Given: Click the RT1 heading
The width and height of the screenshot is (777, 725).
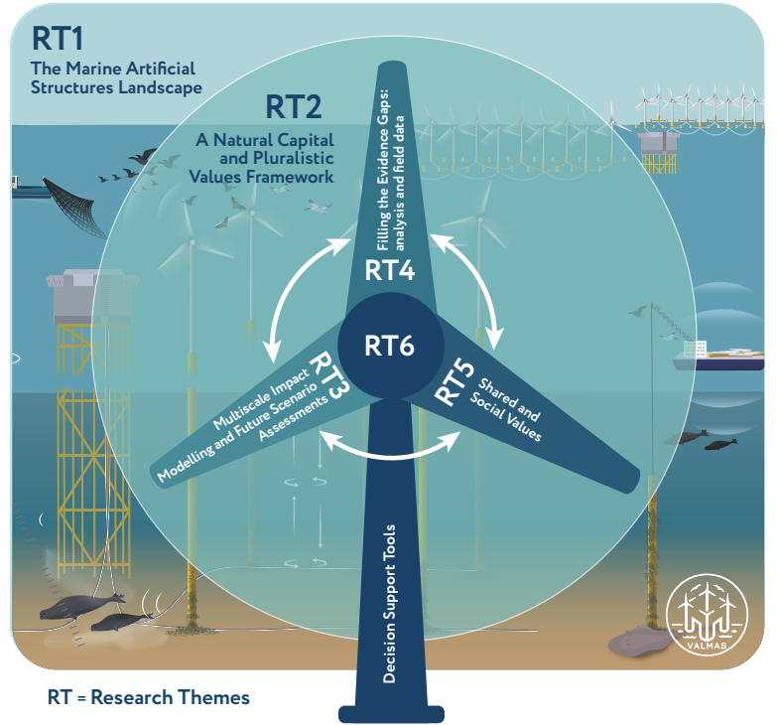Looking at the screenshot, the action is pyautogui.click(x=57, y=38).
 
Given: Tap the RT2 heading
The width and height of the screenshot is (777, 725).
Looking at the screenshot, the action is pyautogui.click(x=294, y=106).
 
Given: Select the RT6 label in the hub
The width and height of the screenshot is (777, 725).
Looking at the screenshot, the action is pyautogui.click(x=389, y=346).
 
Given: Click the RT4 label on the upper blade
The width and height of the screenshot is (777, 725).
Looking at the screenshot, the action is pyautogui.click(x=389, y=270).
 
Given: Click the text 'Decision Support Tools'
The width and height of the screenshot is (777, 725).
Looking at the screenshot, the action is pyautogui.click(x=389, y=604).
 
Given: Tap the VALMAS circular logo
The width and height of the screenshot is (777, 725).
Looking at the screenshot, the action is pyautogui.click(x=707, y=615).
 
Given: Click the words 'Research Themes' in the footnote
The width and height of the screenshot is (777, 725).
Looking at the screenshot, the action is pyautogui.click(x=170, y=697).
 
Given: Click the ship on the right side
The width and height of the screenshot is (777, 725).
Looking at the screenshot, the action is pyautogui.click(x=718, y=358).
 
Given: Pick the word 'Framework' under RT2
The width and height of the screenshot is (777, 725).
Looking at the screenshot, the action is pyautogui.click(x=261, y=177).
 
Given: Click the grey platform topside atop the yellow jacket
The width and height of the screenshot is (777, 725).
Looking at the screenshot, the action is pyautogui.click(x=91, y=297).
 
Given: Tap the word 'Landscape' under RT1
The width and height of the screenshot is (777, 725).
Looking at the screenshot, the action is pyautogui.click(x=160, y=88).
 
